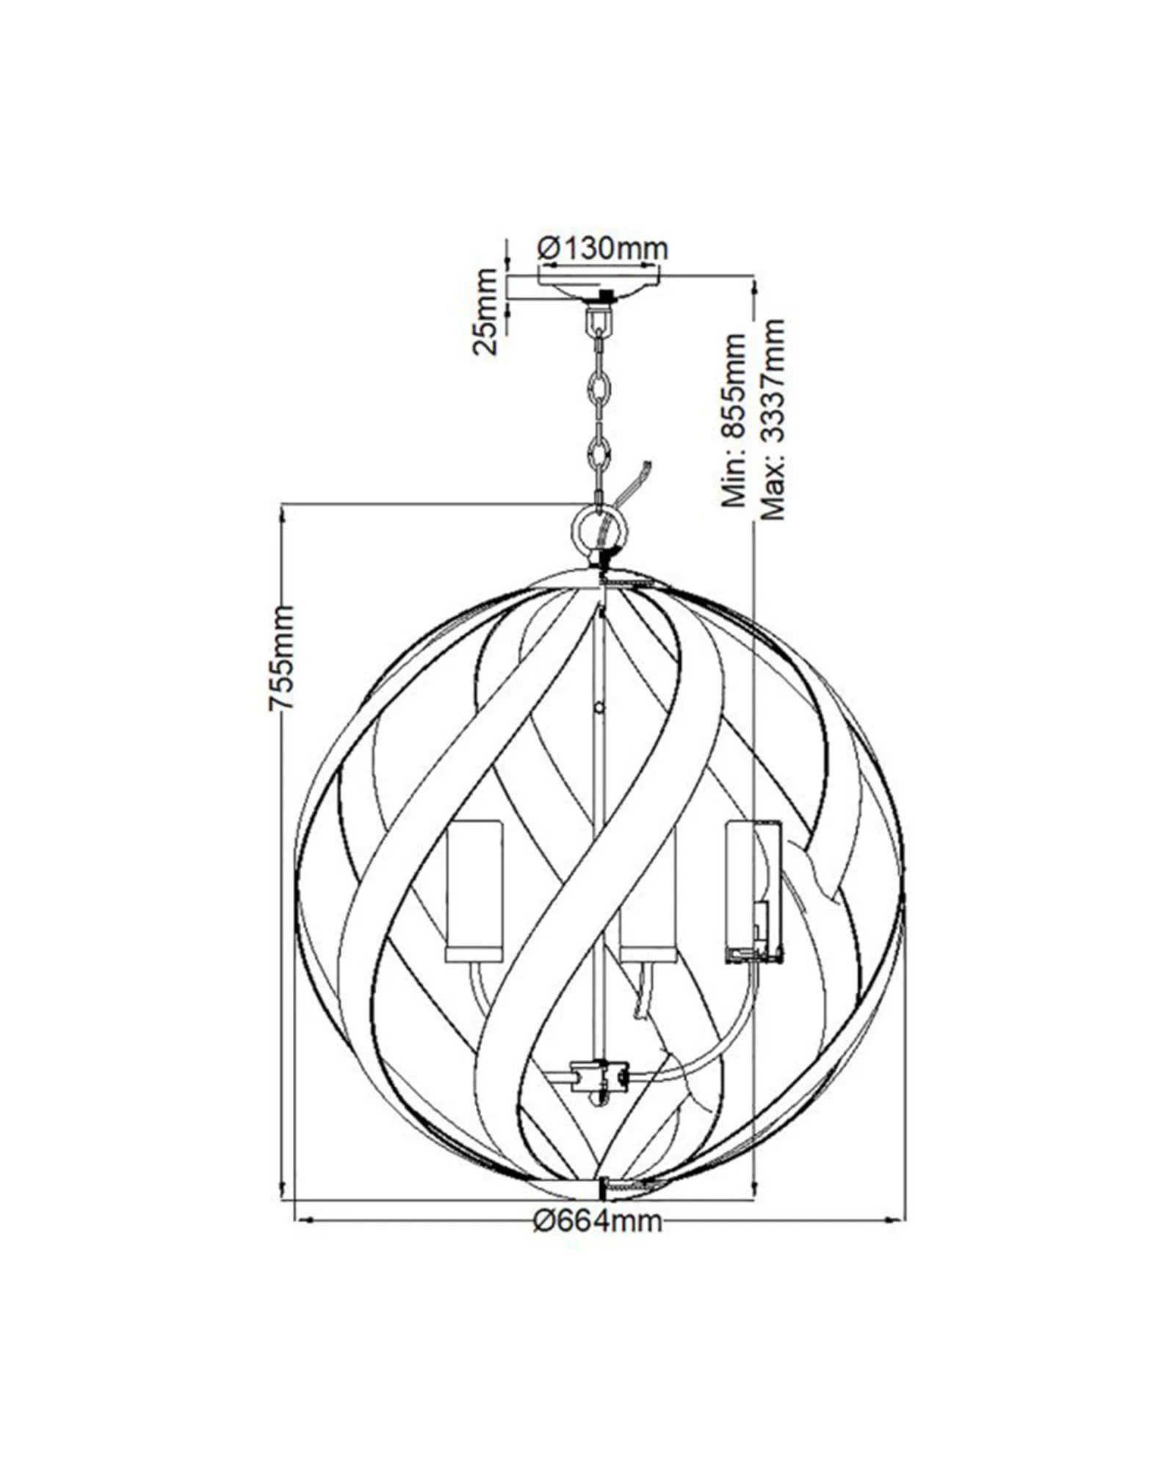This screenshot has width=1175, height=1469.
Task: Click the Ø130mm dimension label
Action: pyautogui.click(x=602, y=250)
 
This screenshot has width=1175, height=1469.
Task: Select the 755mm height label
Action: pyautogui.click(x=281, y=657)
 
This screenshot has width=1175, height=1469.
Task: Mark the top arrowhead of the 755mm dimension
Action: pyautogui.click(x=283, y=514)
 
